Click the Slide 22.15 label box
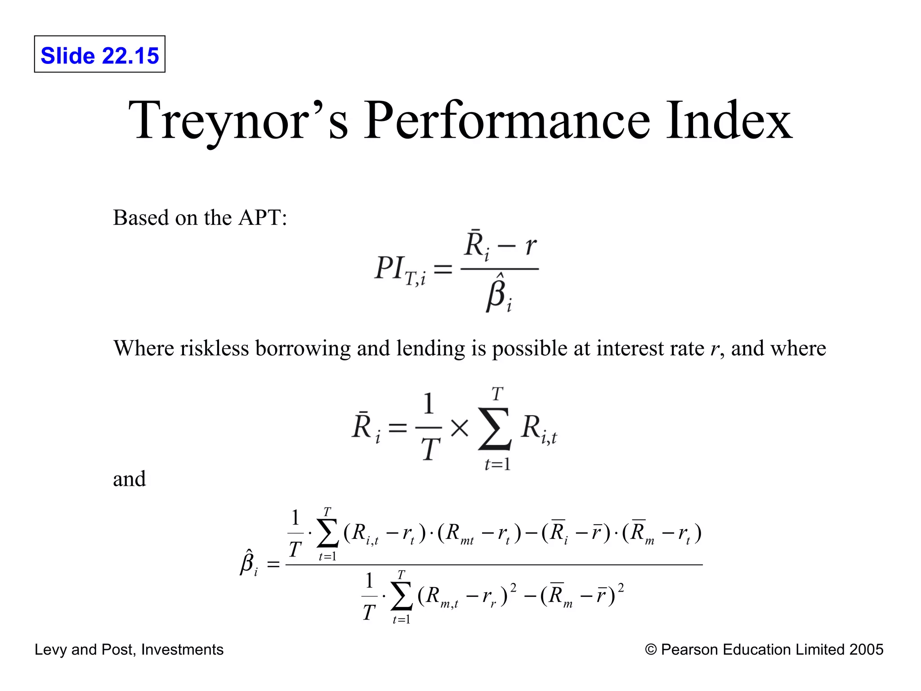(99, 54)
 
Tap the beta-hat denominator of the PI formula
(498, 295)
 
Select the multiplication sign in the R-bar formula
(459, 428)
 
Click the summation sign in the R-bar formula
(495, 429)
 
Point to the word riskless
(215, 349)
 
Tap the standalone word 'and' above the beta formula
(130, 479)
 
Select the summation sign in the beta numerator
(327, 534)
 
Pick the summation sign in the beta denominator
(402, 597)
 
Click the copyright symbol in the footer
(650, 650)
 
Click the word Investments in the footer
(182, 650)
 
